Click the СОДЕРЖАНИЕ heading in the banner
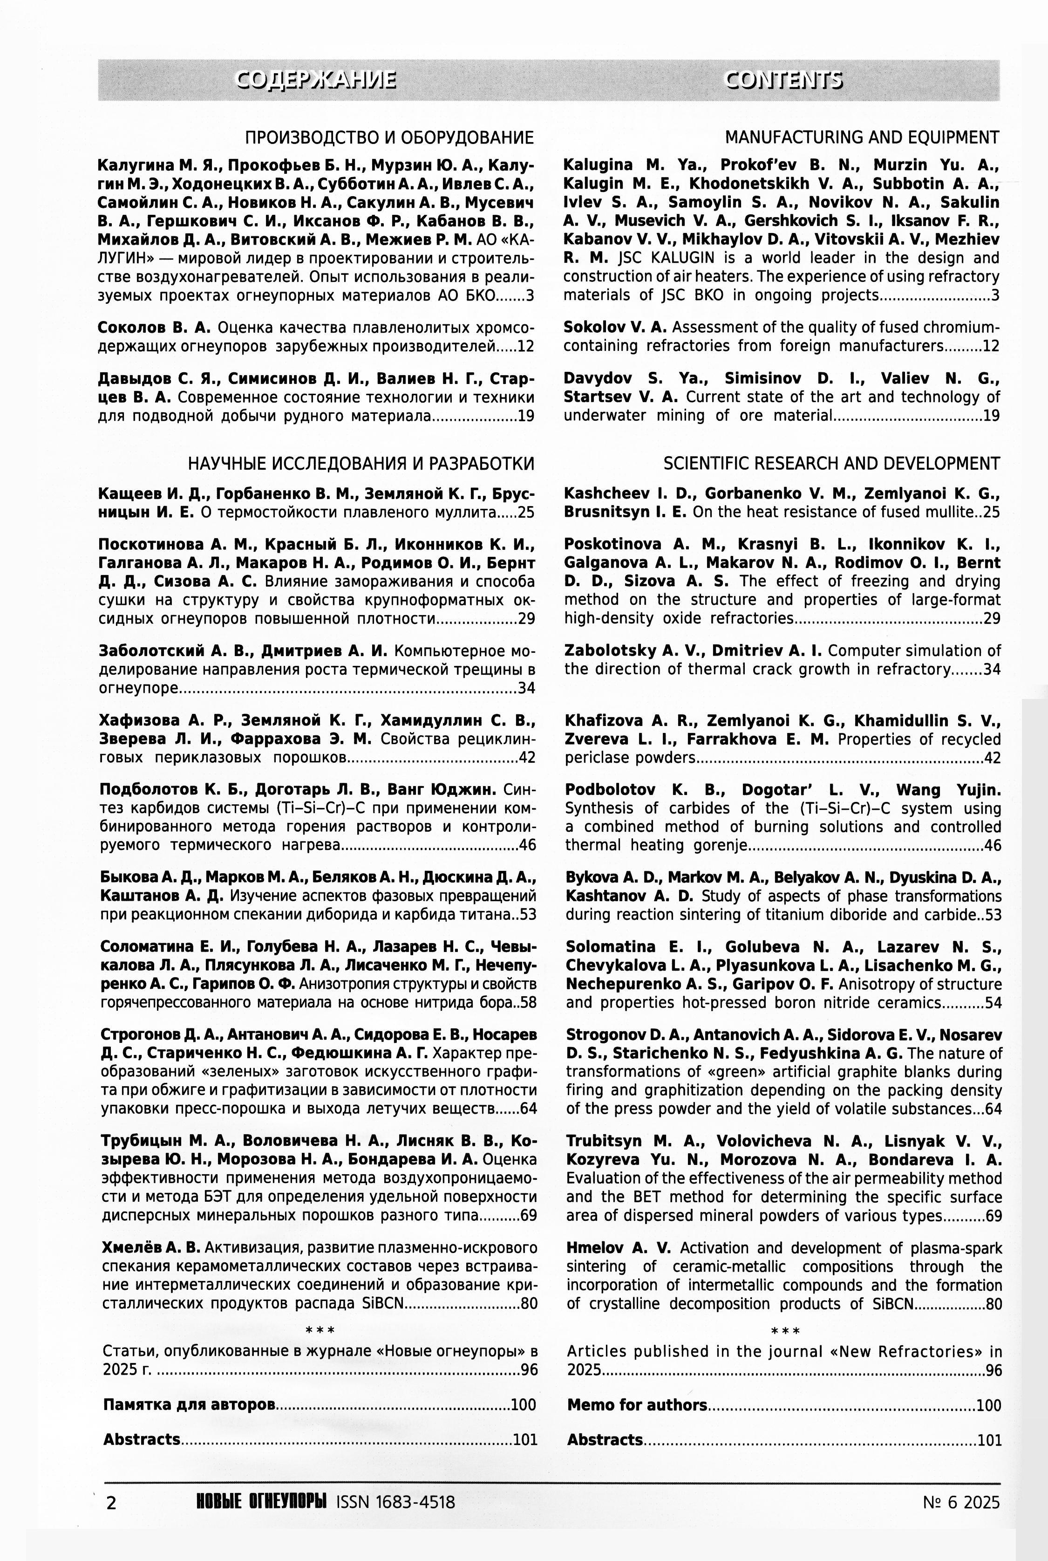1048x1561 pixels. coord(316,80)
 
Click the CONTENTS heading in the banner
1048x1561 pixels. coord(783,80)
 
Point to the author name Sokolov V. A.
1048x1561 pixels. coord(615,328)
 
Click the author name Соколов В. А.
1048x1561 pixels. coord(154,328)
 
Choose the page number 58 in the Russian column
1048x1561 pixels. coord(528,1003)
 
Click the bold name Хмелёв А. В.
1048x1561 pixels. coord(151,1247)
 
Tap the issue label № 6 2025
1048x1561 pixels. coord(961,1503)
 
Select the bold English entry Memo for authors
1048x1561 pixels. coord(637,1405)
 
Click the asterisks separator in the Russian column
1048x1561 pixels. coord(320,1330)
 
